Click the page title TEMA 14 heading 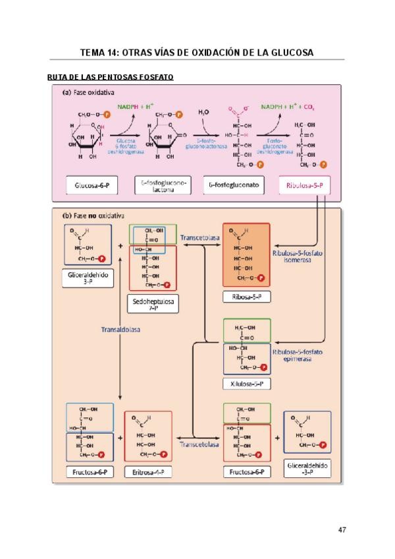[x=197, y=52]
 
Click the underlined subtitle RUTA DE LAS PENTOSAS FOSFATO [x=111, y=77]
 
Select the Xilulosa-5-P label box [x=247, y=382]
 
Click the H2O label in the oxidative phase [x=204, y=113]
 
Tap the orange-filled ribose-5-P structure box [x=247, y=254]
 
